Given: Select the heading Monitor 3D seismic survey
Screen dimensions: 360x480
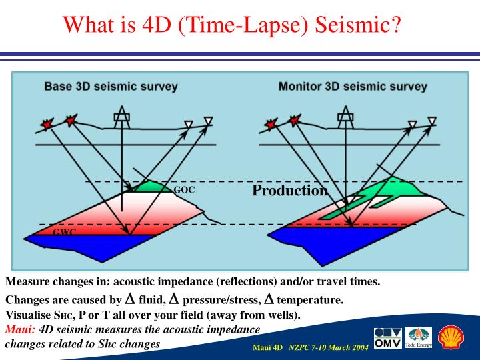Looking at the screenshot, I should tap(353, 86).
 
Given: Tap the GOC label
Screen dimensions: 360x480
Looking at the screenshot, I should tap(184, 190).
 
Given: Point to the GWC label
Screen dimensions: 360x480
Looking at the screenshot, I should tap(65, 231).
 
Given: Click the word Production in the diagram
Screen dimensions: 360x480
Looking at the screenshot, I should tap(289, 191).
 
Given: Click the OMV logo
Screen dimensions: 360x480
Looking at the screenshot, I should tap(387, 338).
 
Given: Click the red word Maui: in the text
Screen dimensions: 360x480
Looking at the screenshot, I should tap(21, 329).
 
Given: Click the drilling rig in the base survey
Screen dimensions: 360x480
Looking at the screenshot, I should tap(122, 119).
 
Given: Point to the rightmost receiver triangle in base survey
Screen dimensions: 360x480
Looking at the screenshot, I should tap(208, 121).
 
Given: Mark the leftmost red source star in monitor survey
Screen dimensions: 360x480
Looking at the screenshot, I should tap(270, 125).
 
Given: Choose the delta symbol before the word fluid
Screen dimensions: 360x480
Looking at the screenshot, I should tap(130, 299).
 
